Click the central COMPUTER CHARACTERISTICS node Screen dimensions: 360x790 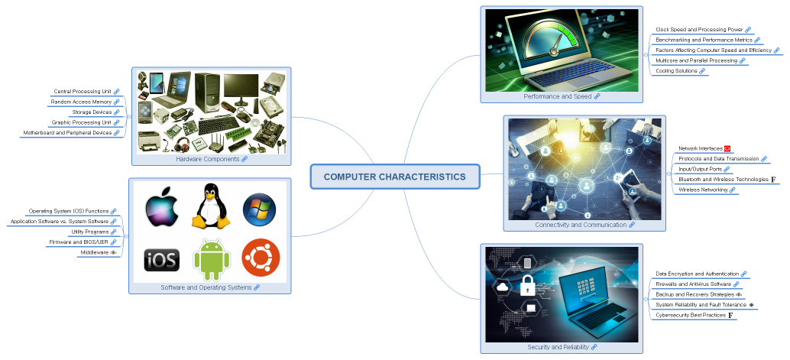(394, 177)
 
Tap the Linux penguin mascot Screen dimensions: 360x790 (211, 206)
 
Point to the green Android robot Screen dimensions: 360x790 (211, 260)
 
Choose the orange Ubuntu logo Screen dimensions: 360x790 (260, 258)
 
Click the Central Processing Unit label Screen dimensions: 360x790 (83, 91)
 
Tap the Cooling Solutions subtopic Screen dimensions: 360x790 (676, 71)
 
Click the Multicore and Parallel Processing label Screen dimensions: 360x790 (696, 60)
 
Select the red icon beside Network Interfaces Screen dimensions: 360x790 (727, 148)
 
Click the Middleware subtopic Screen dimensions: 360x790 (94, 252)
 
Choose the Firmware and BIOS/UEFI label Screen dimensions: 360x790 (79, 242)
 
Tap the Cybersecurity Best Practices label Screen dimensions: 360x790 (691, 315)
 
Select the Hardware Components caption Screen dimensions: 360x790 (208, 159)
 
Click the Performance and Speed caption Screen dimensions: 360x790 (558, 96)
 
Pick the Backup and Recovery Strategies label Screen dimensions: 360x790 (694, 294)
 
